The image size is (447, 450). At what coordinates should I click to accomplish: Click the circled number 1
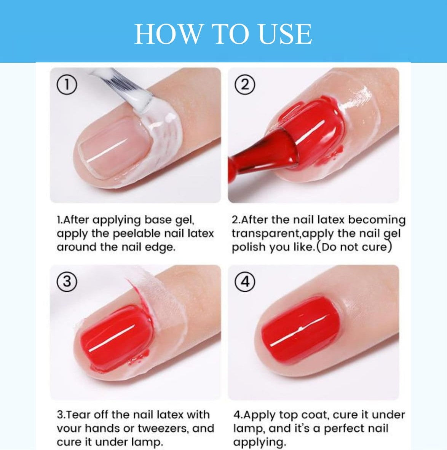pos(67,85)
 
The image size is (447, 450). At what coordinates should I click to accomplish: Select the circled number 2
pos(245,85)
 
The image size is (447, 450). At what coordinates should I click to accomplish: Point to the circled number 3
pos(67,281)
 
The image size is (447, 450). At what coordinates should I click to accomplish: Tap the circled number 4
pos(245,281)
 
